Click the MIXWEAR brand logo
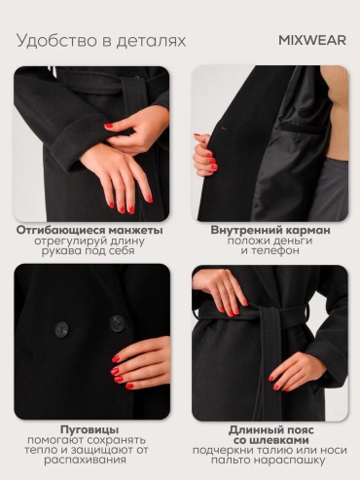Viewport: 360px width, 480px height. pos(312,40)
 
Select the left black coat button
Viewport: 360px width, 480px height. pos(61,329)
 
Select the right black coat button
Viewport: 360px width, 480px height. pos(117,323)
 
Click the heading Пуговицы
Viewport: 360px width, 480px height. pos(90,429)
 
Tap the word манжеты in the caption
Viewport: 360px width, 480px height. pos(135,231)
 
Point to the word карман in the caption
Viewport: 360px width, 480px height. pos(308,231)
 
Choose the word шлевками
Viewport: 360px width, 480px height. pos(279,440)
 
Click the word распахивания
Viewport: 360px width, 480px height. pos(85,461)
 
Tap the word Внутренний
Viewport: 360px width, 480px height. pos(247,231)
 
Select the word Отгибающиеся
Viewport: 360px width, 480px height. pos(61,231)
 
